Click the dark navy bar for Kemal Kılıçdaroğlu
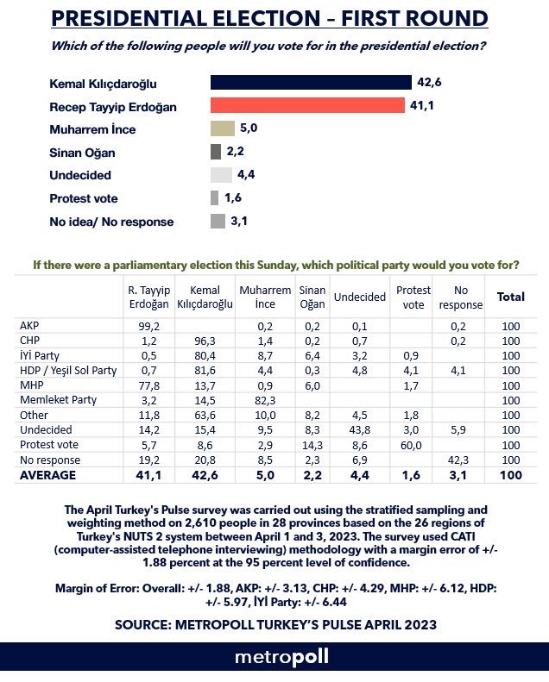tap(311, 83)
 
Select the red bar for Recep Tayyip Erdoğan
tap(308, 105)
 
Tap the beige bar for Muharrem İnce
tap(223, 128)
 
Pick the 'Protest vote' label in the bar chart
tap(84, 198)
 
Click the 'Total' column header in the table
tap(510, 297)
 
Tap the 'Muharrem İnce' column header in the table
tap(264, 297)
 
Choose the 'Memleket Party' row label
tap(58, 399)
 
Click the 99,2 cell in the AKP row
tap(148, 326)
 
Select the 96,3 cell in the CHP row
tap(205, 341)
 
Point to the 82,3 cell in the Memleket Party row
tap(264, 399)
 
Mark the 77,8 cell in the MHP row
tap(148, 385)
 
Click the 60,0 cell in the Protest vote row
tap(413, 443)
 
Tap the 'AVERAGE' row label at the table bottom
tap(47, 473)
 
